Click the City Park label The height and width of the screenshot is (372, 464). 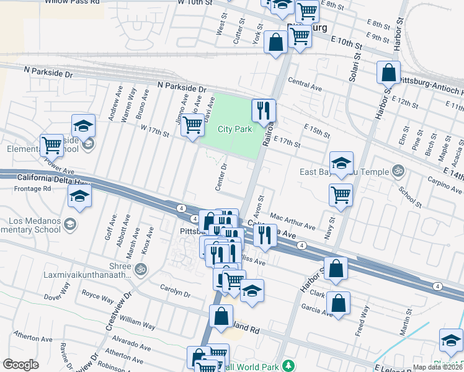pos(235,130)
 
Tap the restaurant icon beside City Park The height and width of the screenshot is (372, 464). pos(264,110)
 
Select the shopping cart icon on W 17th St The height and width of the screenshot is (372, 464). pos(193,125)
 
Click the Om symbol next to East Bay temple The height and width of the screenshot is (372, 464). pos(398,171)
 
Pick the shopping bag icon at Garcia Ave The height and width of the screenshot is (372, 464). pos(338,303)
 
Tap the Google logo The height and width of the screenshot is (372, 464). pos(20,365)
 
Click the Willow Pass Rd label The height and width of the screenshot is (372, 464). pos(73,2)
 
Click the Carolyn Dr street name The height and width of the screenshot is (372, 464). pos(174,292)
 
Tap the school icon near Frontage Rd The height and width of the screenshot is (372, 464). pos(79,198)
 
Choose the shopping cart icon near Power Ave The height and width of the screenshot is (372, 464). pos(51,146)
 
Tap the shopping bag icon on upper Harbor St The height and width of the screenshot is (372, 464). pos(388,72)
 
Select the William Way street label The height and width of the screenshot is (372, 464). pos(138,323)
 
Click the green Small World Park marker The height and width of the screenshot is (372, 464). pos(287,364)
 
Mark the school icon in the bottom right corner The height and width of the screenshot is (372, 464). pos(450,340)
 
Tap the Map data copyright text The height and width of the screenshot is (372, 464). pos(438,367)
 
